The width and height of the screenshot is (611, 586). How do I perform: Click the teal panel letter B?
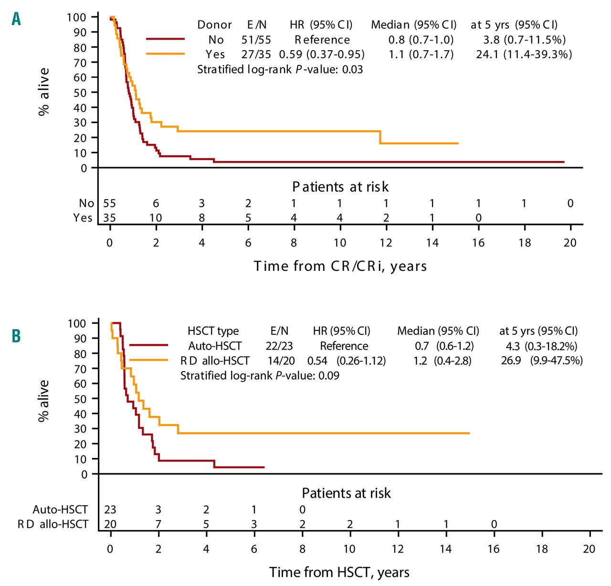[16, 336]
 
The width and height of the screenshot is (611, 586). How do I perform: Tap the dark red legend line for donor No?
[165, 39]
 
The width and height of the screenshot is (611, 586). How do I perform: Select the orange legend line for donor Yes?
[165, 54]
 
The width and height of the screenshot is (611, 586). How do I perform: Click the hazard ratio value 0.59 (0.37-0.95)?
[322, 54]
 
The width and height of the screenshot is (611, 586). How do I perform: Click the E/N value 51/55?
[256, 40]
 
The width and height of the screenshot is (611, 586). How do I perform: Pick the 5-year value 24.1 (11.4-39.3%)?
[524, 54]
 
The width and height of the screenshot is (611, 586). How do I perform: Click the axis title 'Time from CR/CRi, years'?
[340, 266]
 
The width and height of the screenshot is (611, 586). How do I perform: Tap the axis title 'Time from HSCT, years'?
[339, 572]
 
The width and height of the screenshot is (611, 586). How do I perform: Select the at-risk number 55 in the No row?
[110, 203]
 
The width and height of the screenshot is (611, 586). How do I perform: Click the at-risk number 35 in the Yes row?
[110, 218]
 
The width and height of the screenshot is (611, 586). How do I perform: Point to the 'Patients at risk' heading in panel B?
[347, 493]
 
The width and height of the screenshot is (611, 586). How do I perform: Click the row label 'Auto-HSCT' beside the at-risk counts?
[60, 510]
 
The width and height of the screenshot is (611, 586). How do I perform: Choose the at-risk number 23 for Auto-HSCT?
[110, 510]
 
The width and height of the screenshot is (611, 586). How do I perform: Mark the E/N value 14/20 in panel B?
[280, 361]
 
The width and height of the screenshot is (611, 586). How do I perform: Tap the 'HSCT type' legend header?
[213, 331]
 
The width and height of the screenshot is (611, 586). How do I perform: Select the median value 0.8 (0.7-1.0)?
[421, 40]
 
